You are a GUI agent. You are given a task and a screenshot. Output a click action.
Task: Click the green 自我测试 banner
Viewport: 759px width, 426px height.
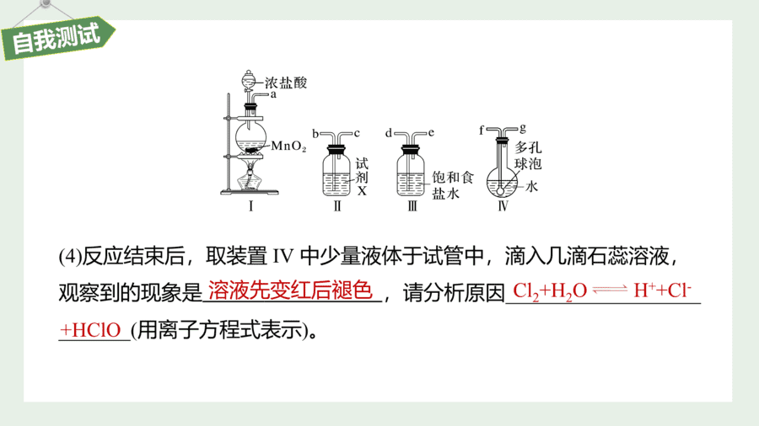point(58,39)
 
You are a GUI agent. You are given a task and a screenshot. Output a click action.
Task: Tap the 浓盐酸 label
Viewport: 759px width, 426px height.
point(286,83)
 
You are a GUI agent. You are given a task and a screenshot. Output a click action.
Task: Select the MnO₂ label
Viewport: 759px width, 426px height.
point(288,146)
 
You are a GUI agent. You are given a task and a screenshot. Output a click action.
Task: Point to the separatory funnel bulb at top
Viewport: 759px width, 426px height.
point(248,79)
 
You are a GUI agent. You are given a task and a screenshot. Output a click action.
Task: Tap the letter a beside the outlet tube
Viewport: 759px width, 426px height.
point(273,94)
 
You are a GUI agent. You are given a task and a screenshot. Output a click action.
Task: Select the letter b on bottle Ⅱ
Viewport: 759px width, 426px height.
point(315,134)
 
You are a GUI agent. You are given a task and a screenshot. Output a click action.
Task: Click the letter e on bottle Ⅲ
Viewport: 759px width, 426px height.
point(431,133)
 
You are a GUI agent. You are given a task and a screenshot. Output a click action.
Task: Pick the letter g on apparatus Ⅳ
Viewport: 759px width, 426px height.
point(523,129)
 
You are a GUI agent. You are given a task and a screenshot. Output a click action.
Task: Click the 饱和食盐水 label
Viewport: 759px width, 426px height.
point(452,185)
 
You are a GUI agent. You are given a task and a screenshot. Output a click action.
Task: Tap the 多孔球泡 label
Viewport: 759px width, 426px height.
point(528,156)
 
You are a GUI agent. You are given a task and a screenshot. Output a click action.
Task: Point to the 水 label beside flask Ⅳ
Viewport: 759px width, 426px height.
point(531,186)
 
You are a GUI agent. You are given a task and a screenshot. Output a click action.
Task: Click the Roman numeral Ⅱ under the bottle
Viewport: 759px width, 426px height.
point(337,206)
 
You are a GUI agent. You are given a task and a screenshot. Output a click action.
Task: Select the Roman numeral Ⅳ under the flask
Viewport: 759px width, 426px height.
point(503,206)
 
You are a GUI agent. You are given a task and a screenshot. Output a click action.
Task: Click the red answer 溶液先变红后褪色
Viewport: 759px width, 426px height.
point(290,290)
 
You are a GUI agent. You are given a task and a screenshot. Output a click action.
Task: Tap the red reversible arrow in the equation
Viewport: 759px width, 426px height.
point(610,290)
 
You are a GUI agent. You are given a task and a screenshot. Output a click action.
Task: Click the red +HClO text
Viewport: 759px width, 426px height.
point(90,330)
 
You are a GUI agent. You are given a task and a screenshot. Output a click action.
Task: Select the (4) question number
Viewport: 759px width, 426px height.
point(70,256)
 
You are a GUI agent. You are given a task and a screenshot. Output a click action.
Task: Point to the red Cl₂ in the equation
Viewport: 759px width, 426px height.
point(525,291)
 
